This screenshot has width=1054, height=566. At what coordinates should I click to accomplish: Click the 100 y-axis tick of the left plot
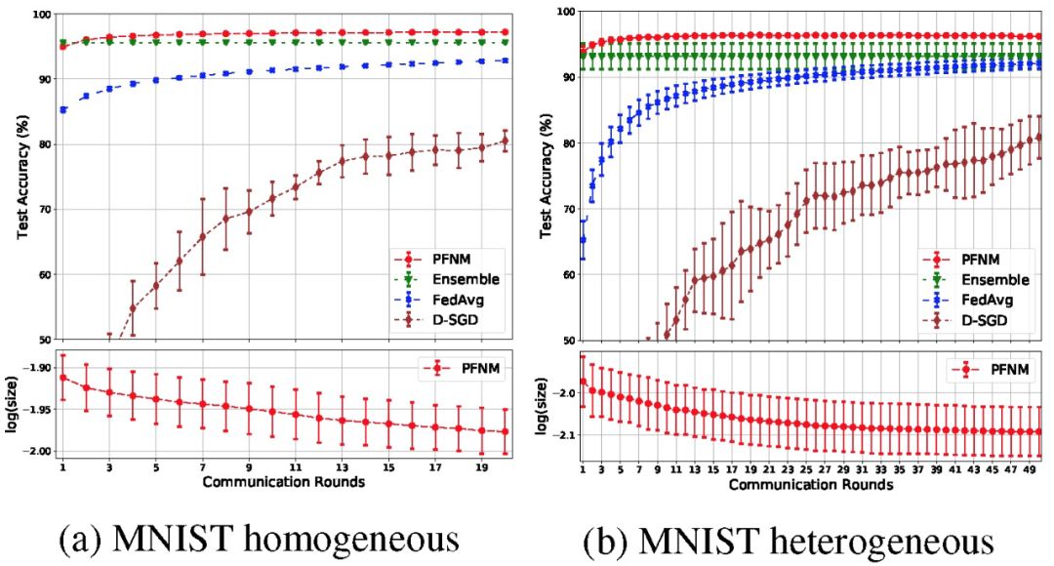(39, 15)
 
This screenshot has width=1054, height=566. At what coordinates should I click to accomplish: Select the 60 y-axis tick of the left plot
(43, 275)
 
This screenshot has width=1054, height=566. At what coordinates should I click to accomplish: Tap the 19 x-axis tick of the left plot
(484, 467)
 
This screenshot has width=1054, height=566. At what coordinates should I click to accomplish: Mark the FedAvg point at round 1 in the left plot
(63, 109)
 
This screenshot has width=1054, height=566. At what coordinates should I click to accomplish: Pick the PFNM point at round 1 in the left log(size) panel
(63, 377)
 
